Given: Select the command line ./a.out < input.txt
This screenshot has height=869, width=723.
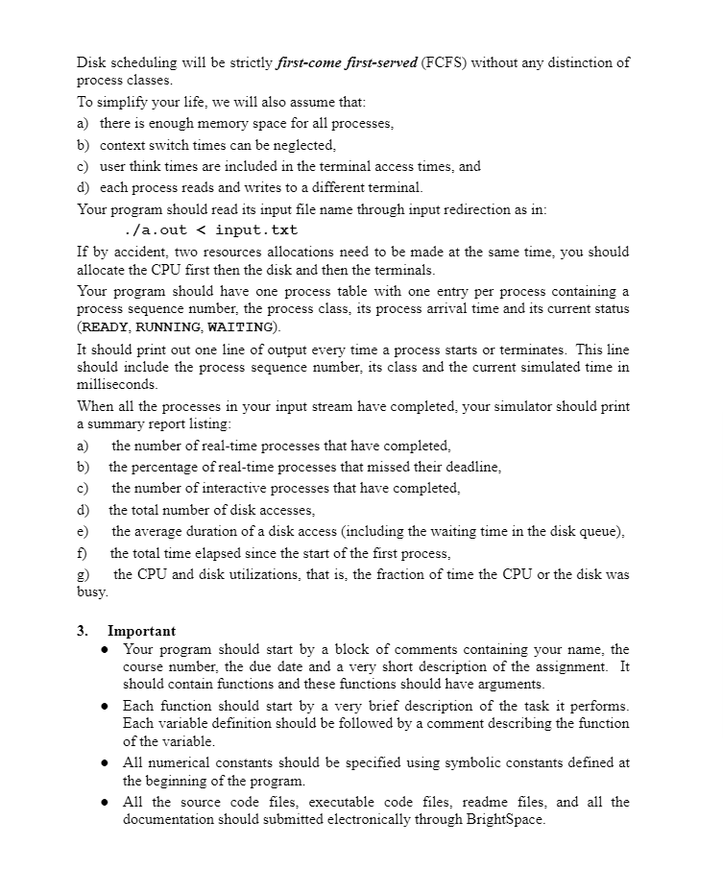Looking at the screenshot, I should tap(211, 230).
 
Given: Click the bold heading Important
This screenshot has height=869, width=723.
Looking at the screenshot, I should tap(141, 631).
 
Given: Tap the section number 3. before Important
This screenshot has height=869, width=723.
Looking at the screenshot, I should tap(84, 631).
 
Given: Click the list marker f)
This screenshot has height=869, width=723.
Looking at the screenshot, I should tap(83, 553).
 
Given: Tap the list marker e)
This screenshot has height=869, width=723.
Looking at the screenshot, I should tap(84, 531).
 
